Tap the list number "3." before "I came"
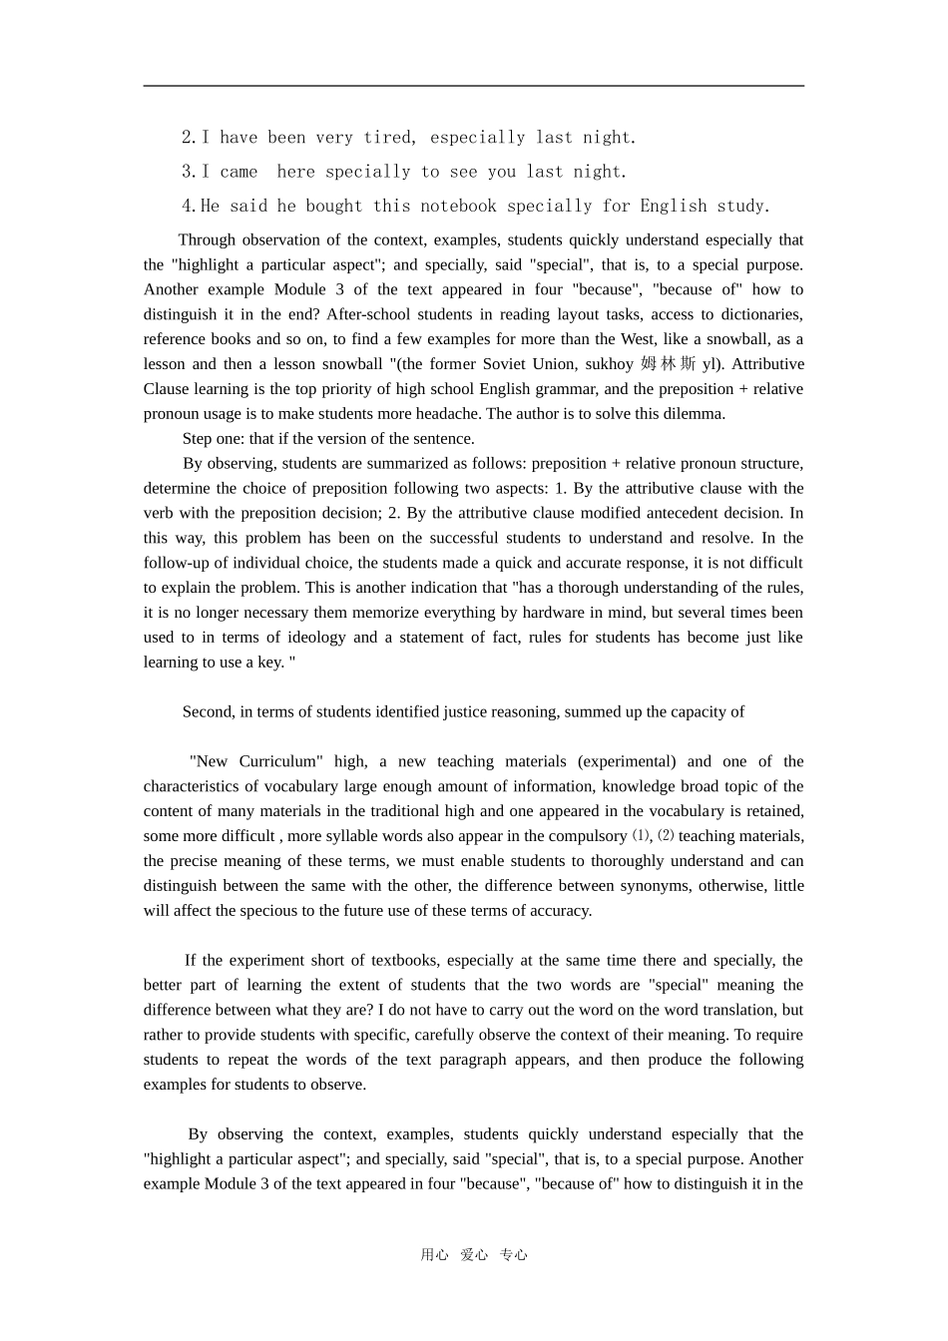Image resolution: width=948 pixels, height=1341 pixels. pos(189,172)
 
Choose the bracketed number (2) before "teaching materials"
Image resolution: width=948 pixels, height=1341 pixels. pos(665,836)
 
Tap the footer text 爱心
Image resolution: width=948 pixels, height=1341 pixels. pos(474,1255)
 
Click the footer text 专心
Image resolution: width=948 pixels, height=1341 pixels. pos(513,1255)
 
